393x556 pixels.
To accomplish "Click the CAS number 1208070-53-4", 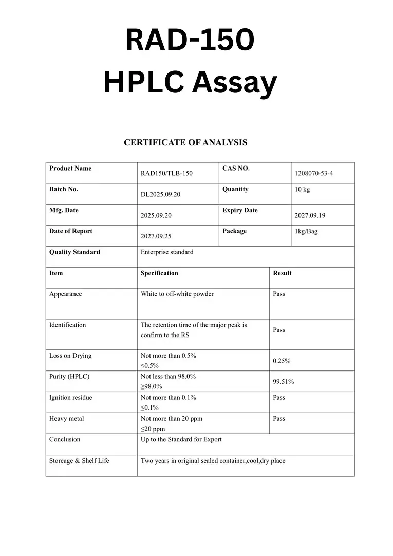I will (x=313, y=173).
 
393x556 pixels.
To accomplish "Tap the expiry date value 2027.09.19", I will (x=309, y=216).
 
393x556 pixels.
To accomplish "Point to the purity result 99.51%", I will (x=283, y=382).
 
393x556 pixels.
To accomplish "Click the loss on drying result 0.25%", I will (x=282, y=361).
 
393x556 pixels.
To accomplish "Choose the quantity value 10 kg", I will (x=302, y=190).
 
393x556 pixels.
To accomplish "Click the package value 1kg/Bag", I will (x=306, y=231).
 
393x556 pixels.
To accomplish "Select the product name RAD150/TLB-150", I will (x=166, y=173).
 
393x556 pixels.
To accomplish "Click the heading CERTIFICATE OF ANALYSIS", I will (x=185, y=143).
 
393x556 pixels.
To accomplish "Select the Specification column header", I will (x=159, y=273).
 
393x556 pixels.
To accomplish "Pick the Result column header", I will (x=282, y=273).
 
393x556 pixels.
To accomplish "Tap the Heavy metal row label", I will (x=66, y=419).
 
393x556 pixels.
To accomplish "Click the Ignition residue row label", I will (x=70, y=398).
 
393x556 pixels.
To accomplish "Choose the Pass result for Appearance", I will (x=279, y=294).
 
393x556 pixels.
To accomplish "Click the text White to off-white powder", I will (x=177, y=294).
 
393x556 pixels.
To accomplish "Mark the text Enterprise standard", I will (x=167, y=252).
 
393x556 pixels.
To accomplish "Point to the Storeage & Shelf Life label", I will (x=79, y=461).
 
